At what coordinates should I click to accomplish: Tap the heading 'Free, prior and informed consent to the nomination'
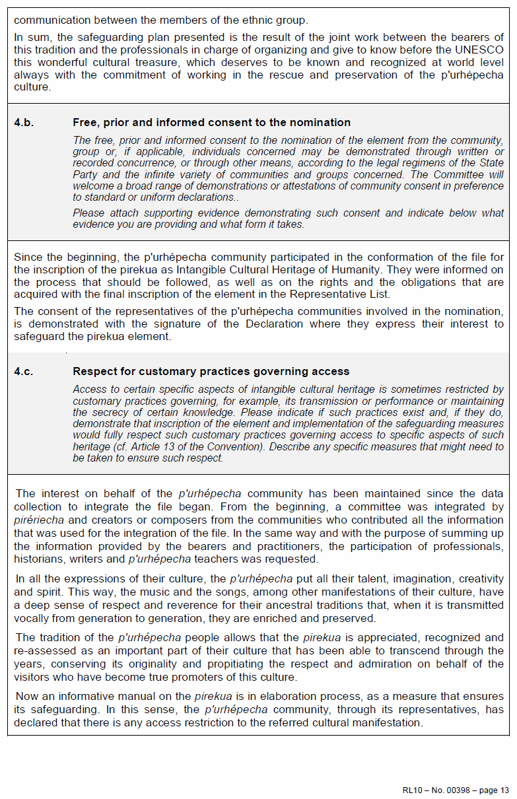pyautogui.click(x=211, y=123)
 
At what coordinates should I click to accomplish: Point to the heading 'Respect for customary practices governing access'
pyautogui.click(x=211, y=372)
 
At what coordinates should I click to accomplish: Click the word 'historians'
pyautogui.click(x=39, y=559)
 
